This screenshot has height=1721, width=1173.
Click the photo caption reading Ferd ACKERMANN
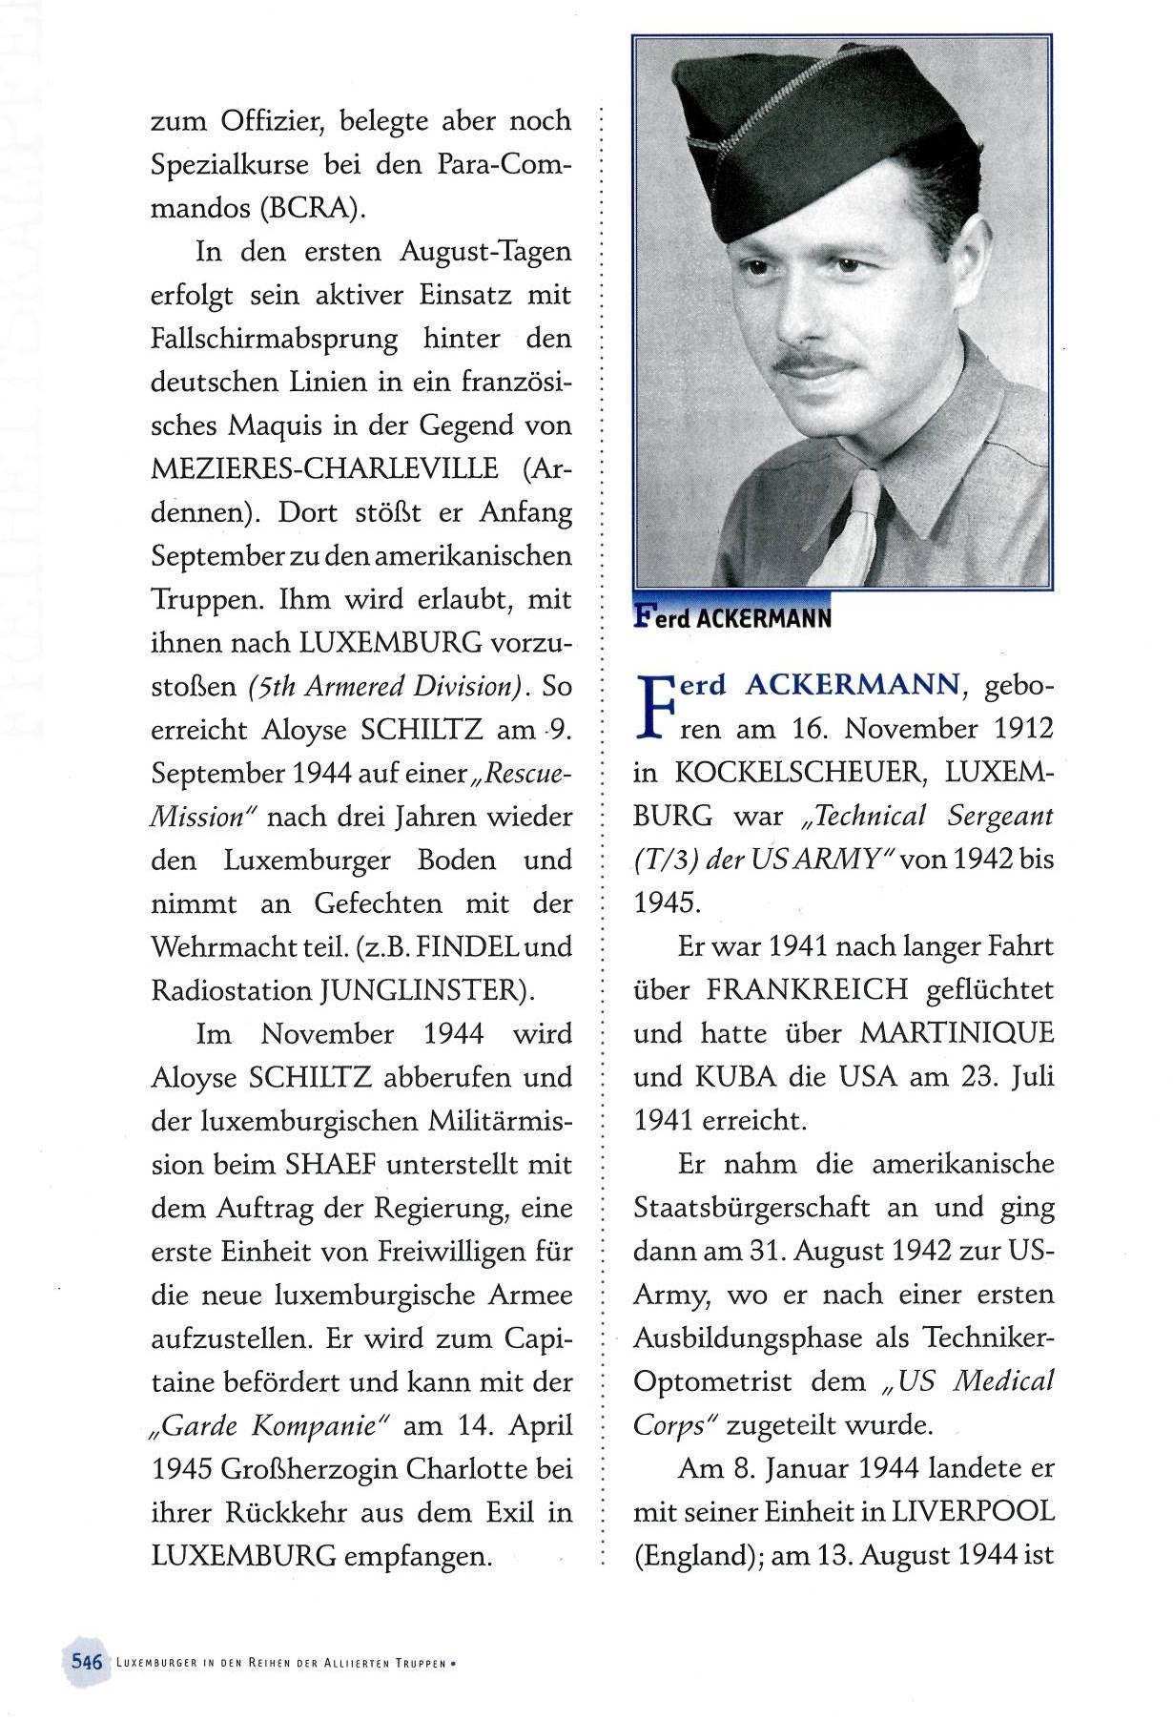(732, 617)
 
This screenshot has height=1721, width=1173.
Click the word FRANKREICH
(807, 990)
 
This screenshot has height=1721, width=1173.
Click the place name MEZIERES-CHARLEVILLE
(324, 469)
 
